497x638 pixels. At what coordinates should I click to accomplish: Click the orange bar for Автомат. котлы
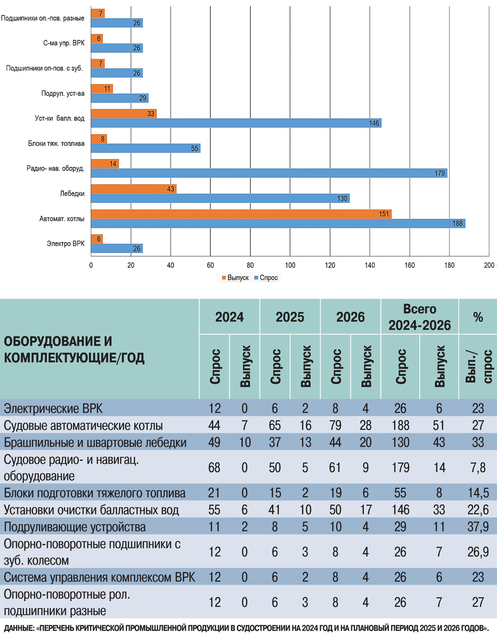pos(241,214)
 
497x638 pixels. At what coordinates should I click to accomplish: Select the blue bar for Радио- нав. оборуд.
pos(269,173)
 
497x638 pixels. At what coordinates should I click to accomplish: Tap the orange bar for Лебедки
pos(133,189)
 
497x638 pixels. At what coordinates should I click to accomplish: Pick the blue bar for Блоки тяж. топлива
pos(145,148)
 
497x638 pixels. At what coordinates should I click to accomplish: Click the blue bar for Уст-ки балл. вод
pos(236,123)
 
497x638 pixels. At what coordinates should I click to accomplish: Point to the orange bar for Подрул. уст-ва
pos(101,89)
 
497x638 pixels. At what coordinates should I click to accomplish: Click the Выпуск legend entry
pos(235,278)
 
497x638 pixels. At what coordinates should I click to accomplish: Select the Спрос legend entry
pos(266,278)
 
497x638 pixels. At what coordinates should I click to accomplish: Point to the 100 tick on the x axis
pos(290,265)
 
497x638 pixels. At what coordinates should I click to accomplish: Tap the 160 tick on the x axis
pos(410,265)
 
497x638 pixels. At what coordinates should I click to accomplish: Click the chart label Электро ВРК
pos(65,244)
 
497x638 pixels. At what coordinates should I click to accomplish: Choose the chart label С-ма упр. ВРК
pos(64,43)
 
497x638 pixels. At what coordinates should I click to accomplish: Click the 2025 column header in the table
pos(290,317)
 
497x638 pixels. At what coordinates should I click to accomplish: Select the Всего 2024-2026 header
pos(420,317)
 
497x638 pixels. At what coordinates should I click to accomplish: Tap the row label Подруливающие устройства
pos(75,527)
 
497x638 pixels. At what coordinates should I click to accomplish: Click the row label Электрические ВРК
pos(53,408)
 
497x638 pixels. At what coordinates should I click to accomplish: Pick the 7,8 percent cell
pos(478,468)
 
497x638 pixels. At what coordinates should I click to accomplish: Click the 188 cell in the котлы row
pos(400,425)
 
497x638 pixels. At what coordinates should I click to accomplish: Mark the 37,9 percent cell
pos(478,527)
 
